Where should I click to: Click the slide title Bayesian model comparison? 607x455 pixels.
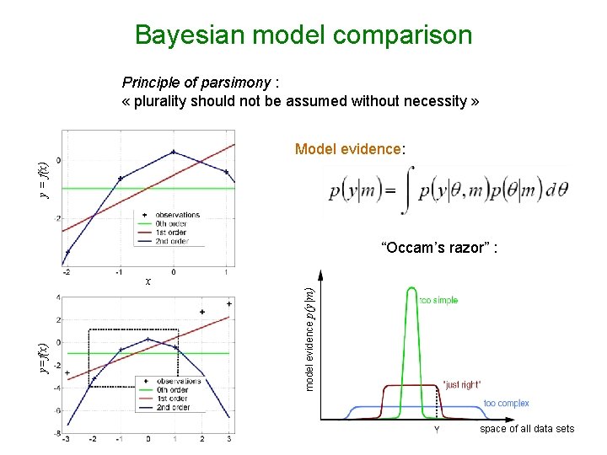(303, 35)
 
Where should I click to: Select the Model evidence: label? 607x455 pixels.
(350, 149)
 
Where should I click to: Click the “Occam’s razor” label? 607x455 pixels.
(444, 248)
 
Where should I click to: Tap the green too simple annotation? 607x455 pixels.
(438, 301)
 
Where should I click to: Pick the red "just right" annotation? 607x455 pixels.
(462, 384)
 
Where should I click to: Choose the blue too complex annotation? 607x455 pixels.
(506, 404)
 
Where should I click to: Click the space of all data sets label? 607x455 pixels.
(527, 429)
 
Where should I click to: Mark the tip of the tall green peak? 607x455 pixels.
(411, 289)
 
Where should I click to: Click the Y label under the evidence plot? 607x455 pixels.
(437, 429)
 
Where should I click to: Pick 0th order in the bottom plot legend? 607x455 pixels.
(173, 389)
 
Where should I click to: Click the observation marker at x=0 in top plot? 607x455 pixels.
(174, 153)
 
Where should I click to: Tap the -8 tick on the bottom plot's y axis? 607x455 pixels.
(57, 433)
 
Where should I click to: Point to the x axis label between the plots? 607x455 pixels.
(148, 281)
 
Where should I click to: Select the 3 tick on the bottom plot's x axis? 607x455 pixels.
(228, 439)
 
